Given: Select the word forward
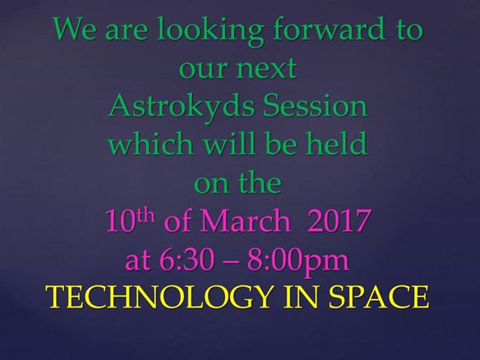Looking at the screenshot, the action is [328, 29].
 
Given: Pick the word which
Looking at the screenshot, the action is [151, 143].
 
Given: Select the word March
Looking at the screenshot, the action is [245, 220].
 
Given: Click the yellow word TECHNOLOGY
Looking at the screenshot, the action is [159, 297].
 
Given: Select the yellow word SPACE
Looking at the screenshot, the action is [378, 297].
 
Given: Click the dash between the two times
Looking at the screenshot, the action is [231, 263].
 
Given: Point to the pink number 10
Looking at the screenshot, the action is [121, 220].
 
